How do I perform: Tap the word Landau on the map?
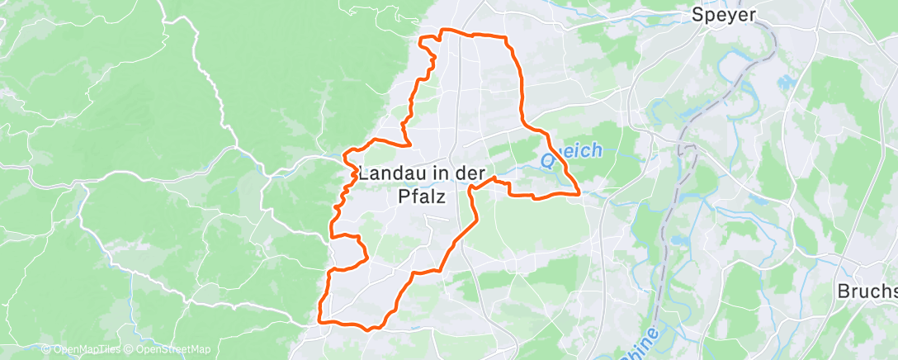(390, 175)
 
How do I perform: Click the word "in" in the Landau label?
(433, 175)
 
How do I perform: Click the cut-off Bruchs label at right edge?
(867, 291)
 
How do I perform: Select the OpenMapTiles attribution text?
(83, 350)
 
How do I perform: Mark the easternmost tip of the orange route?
(579, 192)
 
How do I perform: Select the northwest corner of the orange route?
(422, 39)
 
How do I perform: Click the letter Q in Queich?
(549, 153)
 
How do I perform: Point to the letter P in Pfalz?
(393, 197)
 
